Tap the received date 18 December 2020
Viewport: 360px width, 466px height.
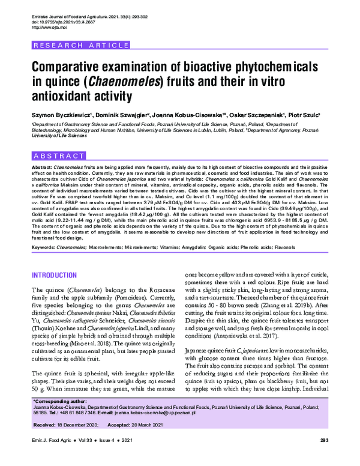[80, 425]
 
